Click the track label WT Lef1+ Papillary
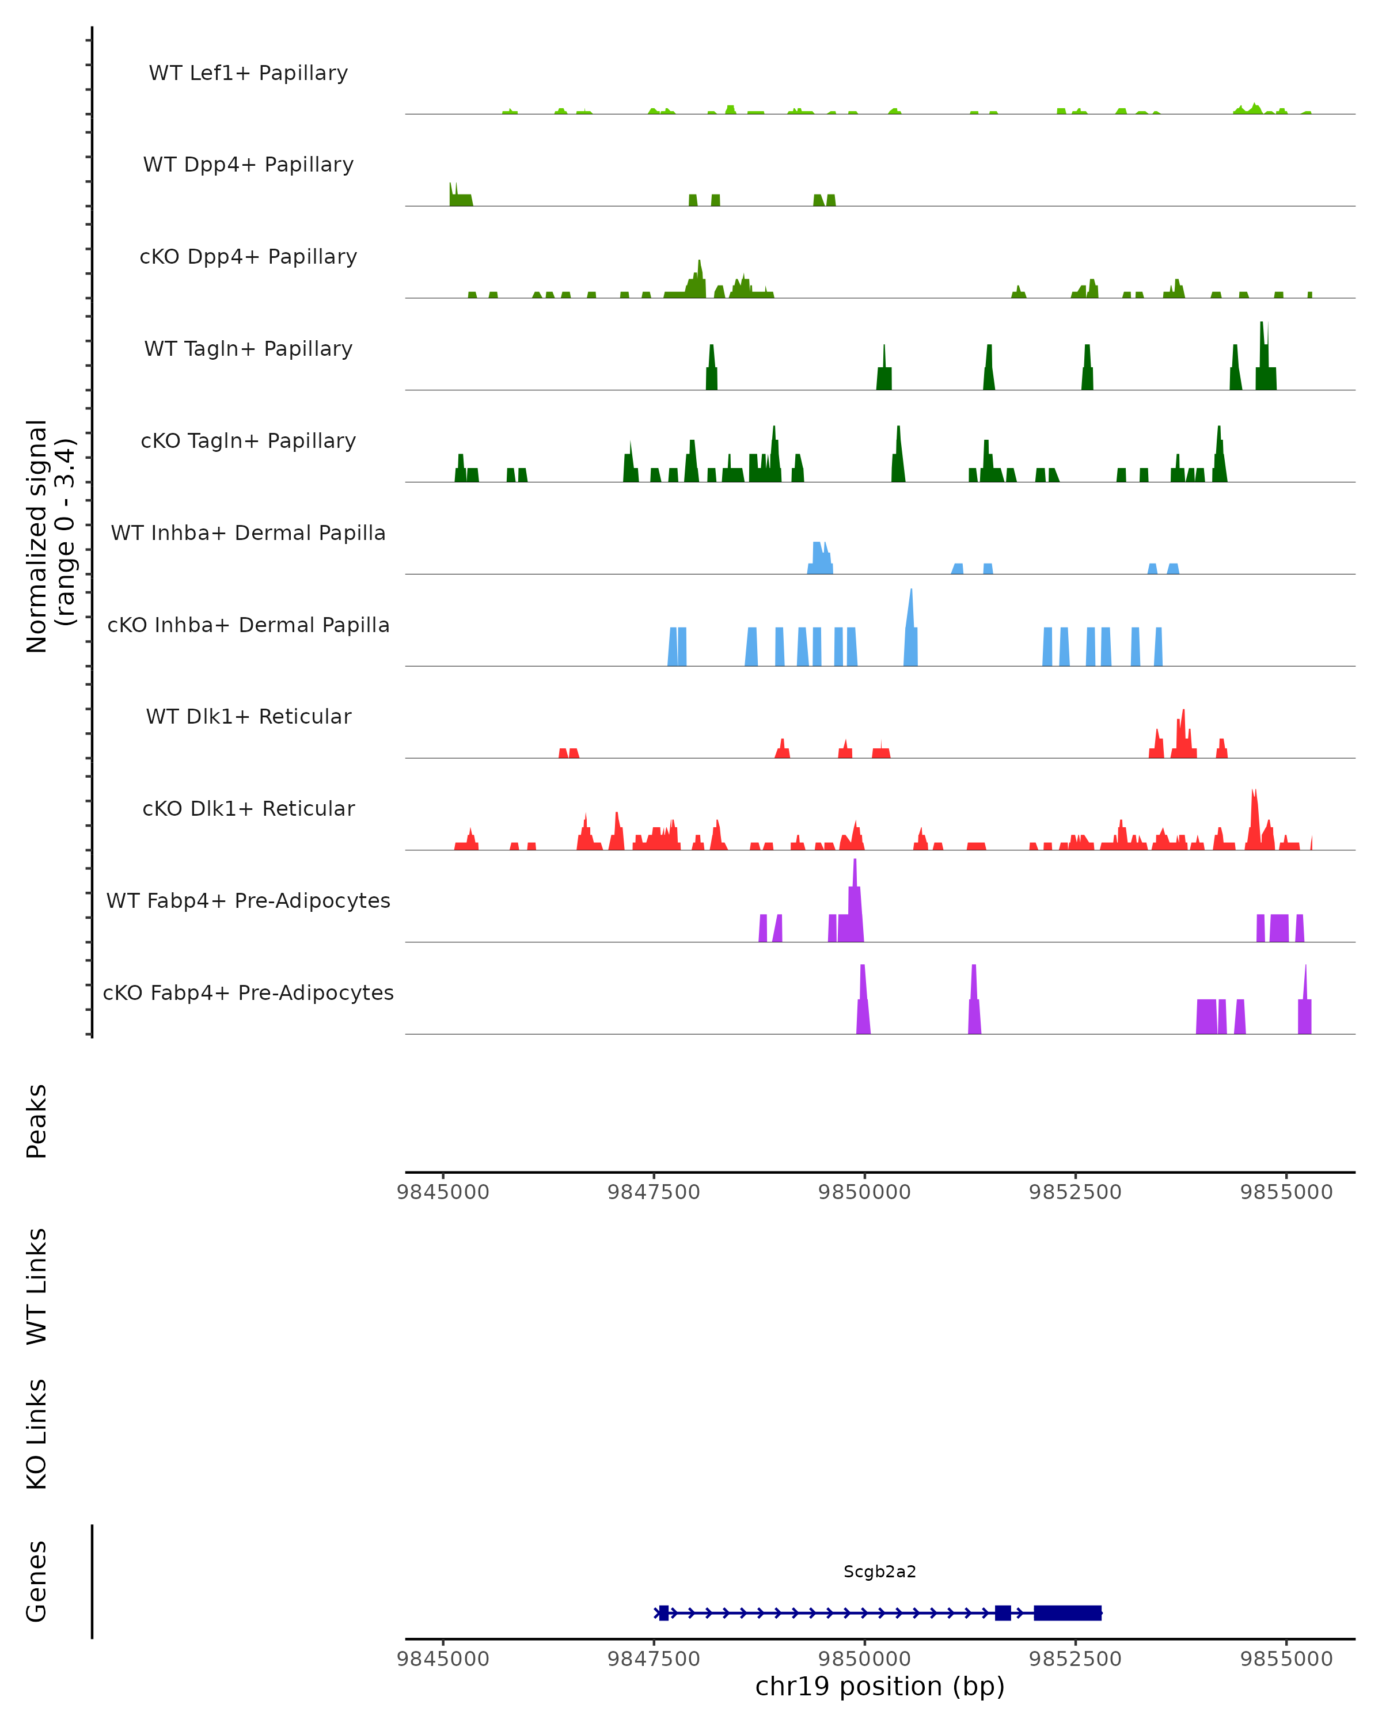[x=248, y=73]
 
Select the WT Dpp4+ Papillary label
[x=248, y=165]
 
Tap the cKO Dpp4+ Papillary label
[x=248, y=257]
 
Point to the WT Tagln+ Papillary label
[x=248, y=349]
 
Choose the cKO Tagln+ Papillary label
[x=248, y=442]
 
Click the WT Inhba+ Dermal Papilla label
[x=248, y=534]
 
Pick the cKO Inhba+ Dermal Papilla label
[x=248, y=626]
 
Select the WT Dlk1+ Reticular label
[x=248, y=717]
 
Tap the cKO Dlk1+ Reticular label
[x=248, y=809]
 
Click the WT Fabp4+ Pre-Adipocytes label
[x=248, y=901]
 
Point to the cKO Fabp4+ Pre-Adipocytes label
[x=248, y=993]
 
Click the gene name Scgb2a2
[x=880, y=1572]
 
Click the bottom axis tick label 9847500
[x=654, y=1659]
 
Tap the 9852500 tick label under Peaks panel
[x=1075, y=1192]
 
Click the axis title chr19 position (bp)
[x=880, y=1687]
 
